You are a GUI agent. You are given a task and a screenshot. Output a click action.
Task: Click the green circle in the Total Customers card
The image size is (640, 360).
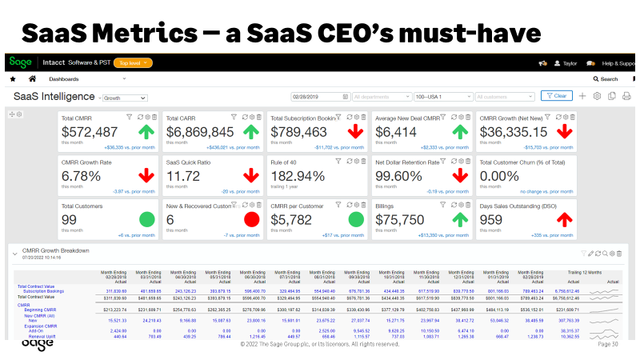click(147, 218)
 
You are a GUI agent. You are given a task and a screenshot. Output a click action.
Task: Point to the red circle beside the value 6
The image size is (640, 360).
click(252, 218)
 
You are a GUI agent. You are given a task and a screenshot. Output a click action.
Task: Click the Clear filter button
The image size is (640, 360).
click(557, 96)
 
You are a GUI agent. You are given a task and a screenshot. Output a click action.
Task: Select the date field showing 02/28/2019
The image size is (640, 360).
click(318, 96)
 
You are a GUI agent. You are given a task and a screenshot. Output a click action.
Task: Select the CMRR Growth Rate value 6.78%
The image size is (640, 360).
click(86, 175)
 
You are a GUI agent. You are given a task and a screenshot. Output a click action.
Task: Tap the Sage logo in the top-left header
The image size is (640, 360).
click(19, 62)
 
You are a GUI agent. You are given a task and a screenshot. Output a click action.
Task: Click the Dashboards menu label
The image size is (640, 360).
click(65, 79)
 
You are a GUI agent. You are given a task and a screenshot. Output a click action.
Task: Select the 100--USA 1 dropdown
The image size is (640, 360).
click(441, 96)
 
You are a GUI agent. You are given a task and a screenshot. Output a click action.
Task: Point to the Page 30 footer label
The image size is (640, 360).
click(608, 345)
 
